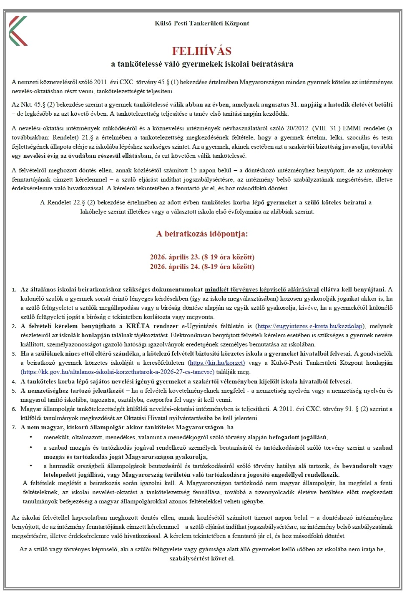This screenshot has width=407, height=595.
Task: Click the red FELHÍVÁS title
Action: [202, 51]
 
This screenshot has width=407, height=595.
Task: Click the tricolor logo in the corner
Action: [18, 30]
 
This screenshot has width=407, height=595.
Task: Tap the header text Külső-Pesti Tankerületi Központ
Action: [202, 23]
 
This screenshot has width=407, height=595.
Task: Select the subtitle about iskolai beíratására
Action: [202, 64]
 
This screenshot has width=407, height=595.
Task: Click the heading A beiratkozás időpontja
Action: [202, 234]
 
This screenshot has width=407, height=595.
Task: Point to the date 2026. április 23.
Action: [175, 257]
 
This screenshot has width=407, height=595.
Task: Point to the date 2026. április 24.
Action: [175, 266]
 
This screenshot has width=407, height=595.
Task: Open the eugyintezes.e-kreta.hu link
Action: [309, 326]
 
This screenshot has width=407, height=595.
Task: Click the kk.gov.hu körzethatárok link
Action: [118, 372]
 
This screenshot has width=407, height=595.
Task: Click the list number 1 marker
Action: [14, 289]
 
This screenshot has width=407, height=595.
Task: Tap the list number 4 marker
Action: [14, 381]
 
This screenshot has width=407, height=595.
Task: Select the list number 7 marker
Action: [14, 427]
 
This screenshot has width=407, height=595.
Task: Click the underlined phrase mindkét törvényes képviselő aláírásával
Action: [262, 289]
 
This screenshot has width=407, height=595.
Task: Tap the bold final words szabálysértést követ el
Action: [202, 558]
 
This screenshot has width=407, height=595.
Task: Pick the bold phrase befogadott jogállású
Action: [298, 437]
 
